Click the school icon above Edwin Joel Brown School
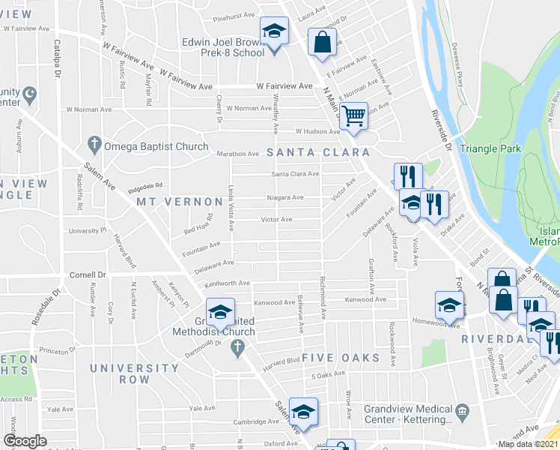[x=274, y=31]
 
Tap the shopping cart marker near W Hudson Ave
[x=353, y=116]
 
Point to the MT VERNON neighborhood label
[x=177, y=202]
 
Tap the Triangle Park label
[x=490, y=148]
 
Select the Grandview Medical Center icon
[x=462, y=409]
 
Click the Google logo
[x=24, y=441]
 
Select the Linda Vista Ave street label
[x=231, y=208]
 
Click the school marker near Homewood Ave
[x=449, y=304]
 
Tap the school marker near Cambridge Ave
[x=302, y=412]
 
